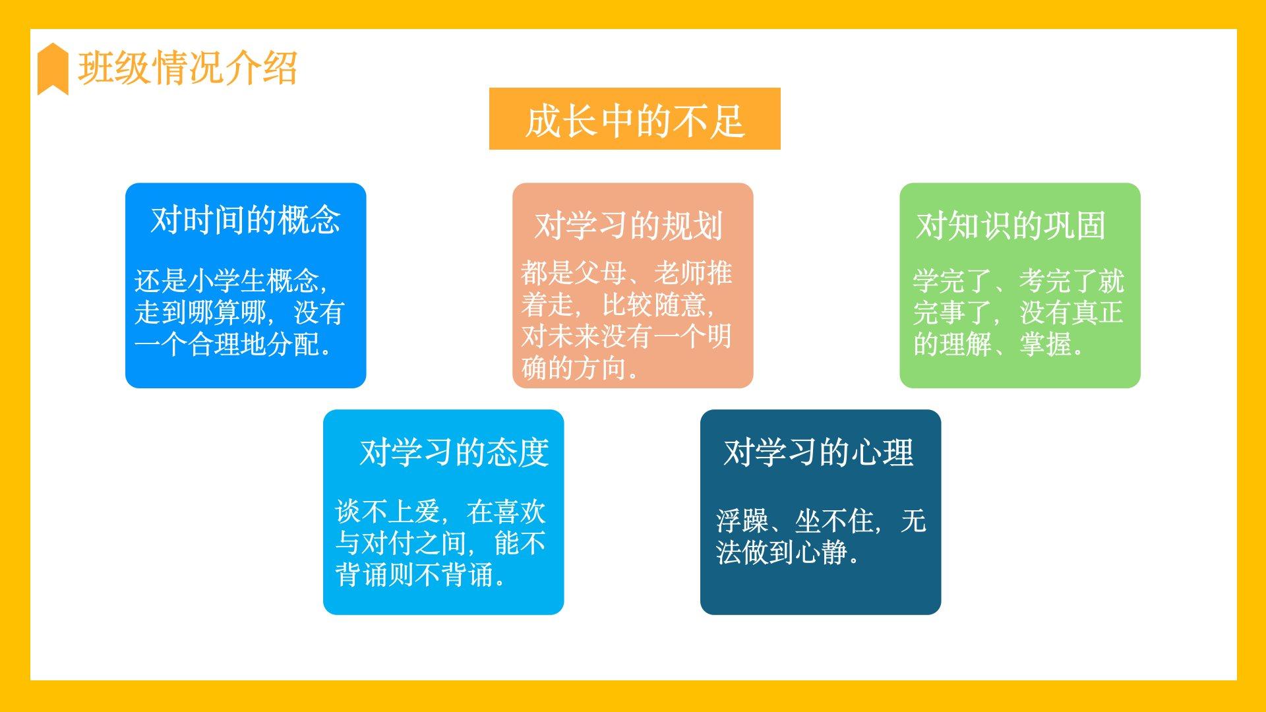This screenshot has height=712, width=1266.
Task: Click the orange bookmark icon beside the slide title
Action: (53, 69)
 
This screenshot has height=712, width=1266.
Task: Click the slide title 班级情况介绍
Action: (188, 69)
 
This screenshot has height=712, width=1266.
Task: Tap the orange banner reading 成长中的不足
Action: (634, 119)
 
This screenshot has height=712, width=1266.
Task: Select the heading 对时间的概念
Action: (245, 220)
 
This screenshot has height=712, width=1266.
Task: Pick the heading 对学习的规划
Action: (629, 225)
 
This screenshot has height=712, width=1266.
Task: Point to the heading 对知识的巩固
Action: (1011, 225)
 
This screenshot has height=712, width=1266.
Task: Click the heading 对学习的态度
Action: (454, 452)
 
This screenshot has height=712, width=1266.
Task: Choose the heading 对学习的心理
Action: (818, 452)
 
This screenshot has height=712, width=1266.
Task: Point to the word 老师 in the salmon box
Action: (680, 273)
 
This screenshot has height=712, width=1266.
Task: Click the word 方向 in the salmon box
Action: (601, 368)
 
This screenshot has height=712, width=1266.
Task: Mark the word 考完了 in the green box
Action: (1058, 281)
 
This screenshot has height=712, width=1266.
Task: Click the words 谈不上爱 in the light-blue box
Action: (388, 512)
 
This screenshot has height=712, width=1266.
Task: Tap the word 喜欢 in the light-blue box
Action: (520, 512)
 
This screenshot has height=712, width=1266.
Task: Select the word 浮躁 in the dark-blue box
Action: (742, 521)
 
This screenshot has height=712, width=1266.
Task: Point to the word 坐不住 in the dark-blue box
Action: (835, 521)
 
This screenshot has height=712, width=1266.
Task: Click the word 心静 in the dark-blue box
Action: (821, 552)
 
